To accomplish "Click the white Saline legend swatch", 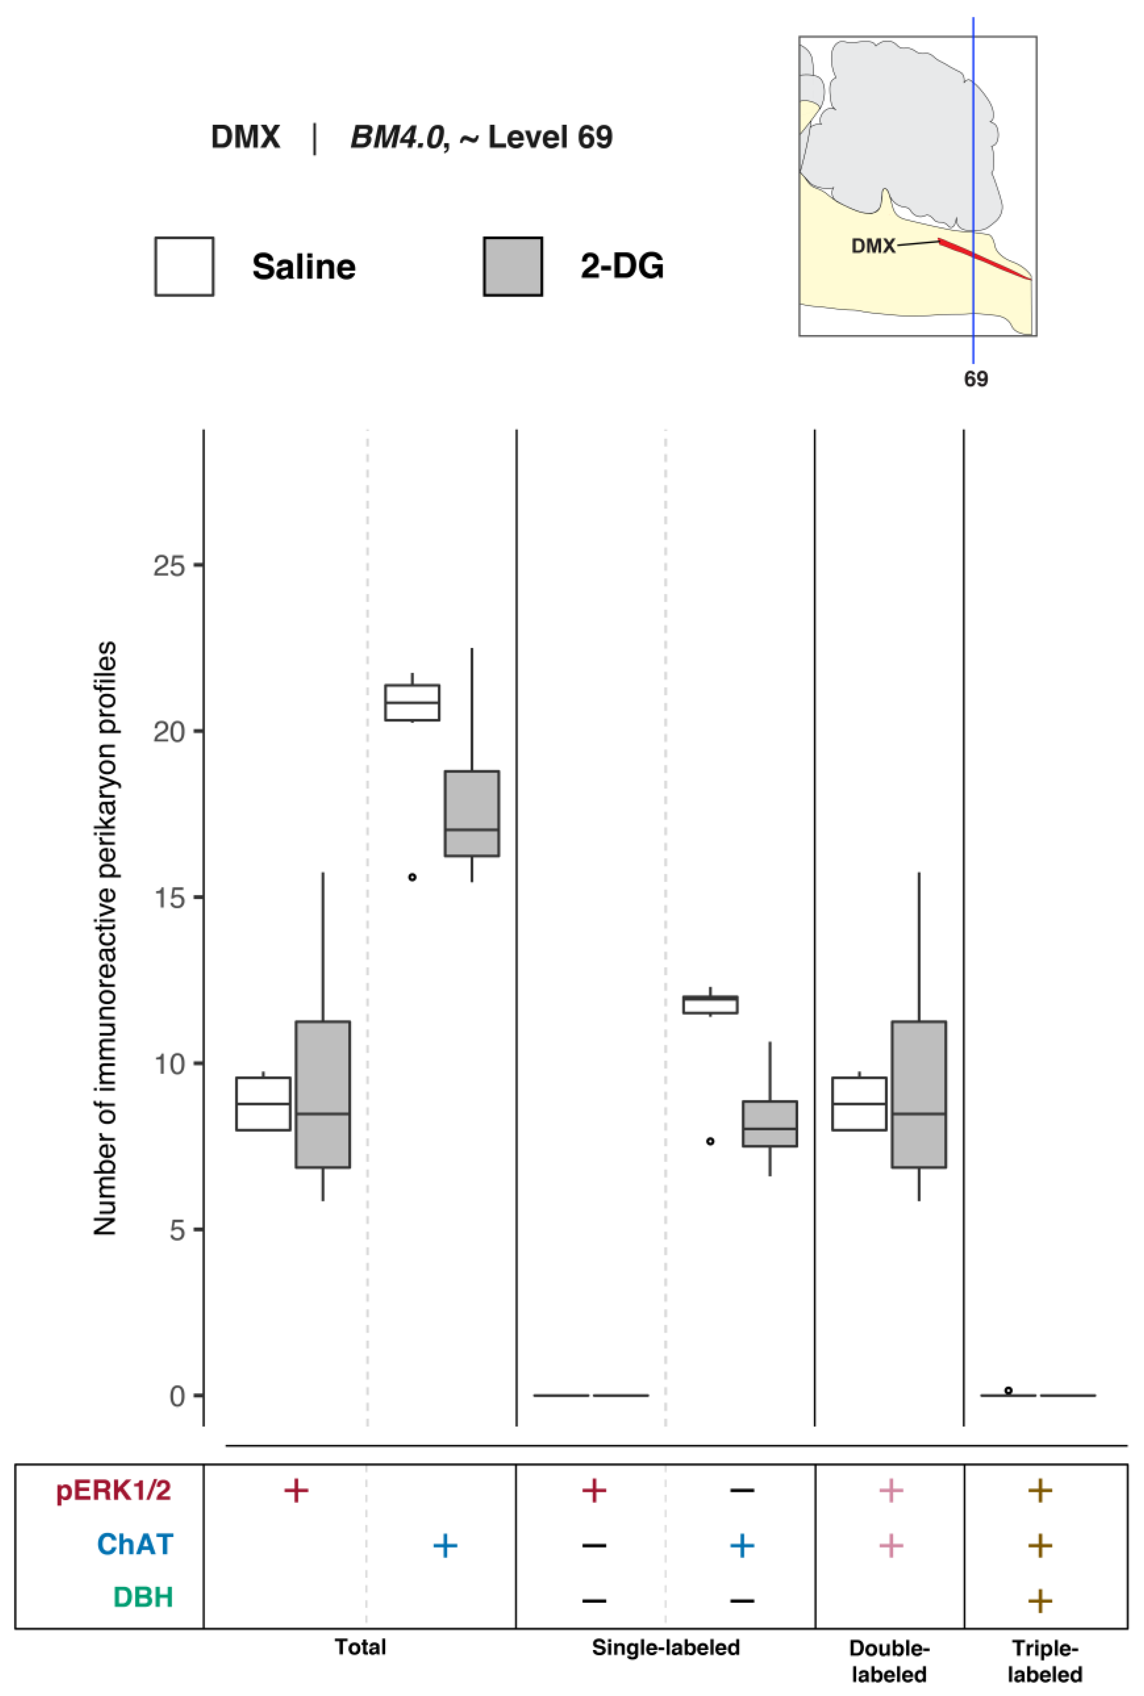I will [184, 266].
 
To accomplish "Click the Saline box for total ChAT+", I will [412, 702].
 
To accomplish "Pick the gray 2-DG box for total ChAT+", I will [472, 813].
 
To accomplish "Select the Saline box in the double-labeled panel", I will [860, 1104].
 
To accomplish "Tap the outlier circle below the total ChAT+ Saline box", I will [412, 877].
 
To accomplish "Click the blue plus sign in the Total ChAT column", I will [445, 1545].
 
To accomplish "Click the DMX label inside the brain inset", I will [873, 246].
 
